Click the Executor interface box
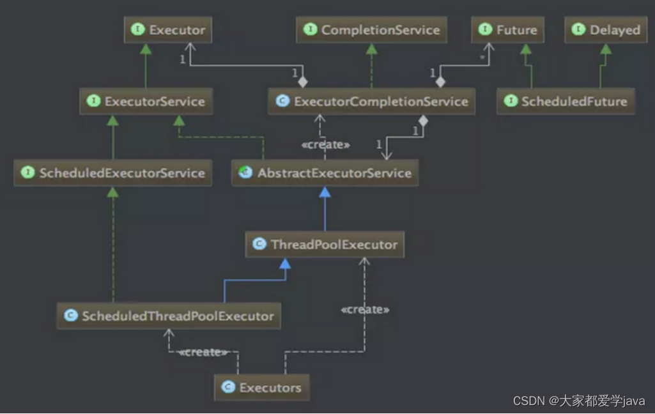[167, 30]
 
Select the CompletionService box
[371, 30]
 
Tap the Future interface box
[509, 30]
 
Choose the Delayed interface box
[606, 30]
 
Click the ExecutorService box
[146, 102]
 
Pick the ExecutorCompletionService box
[372, 102]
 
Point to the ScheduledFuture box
[566, 102]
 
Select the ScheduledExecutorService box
[113, 173]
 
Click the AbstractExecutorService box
[325, 173]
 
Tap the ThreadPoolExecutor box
[325, 245]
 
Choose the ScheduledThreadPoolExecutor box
[169, 316]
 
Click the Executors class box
[262, 387]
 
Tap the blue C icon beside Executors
[228, 387]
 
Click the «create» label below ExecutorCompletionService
[325, 145]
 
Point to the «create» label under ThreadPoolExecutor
[365, 310]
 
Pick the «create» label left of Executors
[203, 352]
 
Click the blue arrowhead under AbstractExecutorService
[325, 192]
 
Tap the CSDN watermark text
[579, 401]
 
